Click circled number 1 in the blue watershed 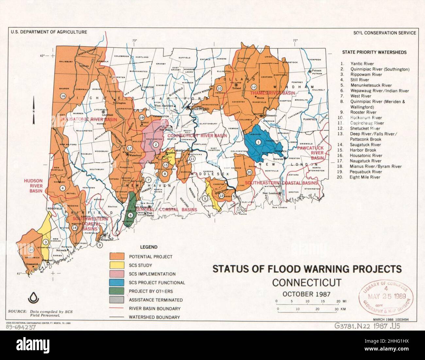tap(258, 142)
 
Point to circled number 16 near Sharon tap(63, 96)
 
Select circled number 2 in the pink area tap(156, 145)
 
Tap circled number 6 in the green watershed tap(131, 215)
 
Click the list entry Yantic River tap(362, 64)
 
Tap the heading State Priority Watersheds tap(374, 52)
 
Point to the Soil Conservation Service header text tap(384, 33)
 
